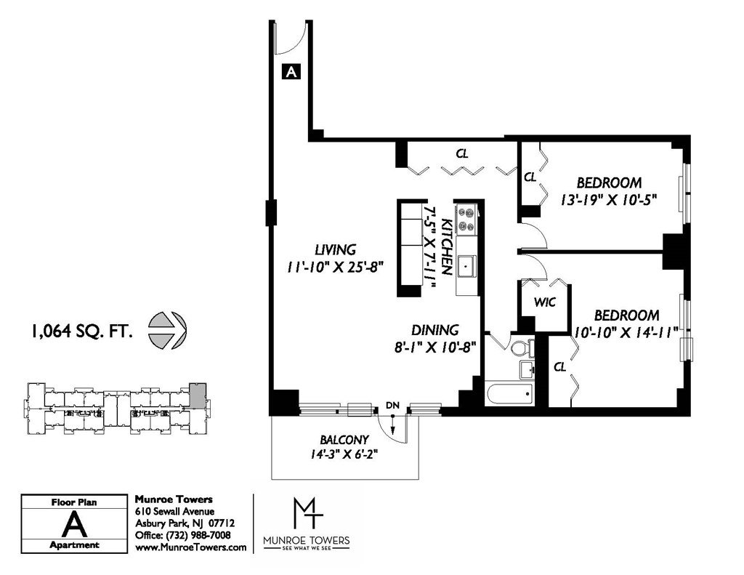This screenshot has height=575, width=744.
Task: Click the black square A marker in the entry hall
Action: [x=291, y=71]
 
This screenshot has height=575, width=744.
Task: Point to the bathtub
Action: [x=510, y=393]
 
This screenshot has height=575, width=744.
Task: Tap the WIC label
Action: [x=544, y=302]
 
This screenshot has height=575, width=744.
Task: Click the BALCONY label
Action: [x=344, y=440]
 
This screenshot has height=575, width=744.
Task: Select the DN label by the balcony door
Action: [x=392, y=405]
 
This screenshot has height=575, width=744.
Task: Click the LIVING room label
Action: [x=335, y=249]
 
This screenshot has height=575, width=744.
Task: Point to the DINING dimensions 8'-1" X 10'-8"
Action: [x=435, y=347]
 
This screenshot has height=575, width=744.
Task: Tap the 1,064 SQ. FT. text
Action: [x=81, y=331]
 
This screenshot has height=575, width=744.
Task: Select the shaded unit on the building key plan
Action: [x=198, y=393]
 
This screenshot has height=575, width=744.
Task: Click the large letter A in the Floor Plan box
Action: [x=75, y=525]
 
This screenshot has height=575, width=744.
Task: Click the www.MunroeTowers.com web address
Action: [x=191, y=547]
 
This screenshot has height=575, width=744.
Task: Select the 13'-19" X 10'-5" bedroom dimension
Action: [x=609, y=199]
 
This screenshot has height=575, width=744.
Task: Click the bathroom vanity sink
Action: [x=526, y=369]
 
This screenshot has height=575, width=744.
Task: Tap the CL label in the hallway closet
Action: [x=461, y=153]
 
